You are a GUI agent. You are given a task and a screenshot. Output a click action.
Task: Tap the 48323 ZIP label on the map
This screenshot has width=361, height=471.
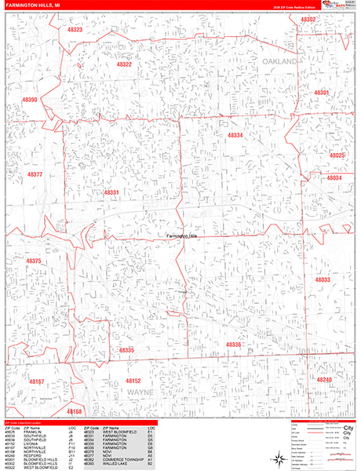[75, 29]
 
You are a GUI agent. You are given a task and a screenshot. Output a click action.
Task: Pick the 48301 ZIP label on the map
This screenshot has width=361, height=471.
[320, 93]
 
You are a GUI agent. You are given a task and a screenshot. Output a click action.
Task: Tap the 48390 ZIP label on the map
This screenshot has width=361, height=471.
[30, 100]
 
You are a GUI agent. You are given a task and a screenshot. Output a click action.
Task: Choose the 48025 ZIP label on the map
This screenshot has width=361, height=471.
[337, 155]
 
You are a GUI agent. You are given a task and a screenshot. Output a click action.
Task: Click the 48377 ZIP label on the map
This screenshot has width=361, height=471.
[35, 173]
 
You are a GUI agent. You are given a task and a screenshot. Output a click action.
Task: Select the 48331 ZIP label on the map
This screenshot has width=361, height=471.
[111, 192]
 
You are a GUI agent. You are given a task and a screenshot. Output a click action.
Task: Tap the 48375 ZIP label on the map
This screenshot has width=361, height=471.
[33, 261]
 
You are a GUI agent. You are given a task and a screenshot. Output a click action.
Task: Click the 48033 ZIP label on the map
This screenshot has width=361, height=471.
[323, 279]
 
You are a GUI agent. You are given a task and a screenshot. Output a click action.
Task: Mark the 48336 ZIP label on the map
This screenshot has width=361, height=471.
[233, 345]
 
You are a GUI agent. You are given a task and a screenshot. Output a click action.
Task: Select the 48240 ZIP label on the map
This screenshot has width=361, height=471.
[324, 379]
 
